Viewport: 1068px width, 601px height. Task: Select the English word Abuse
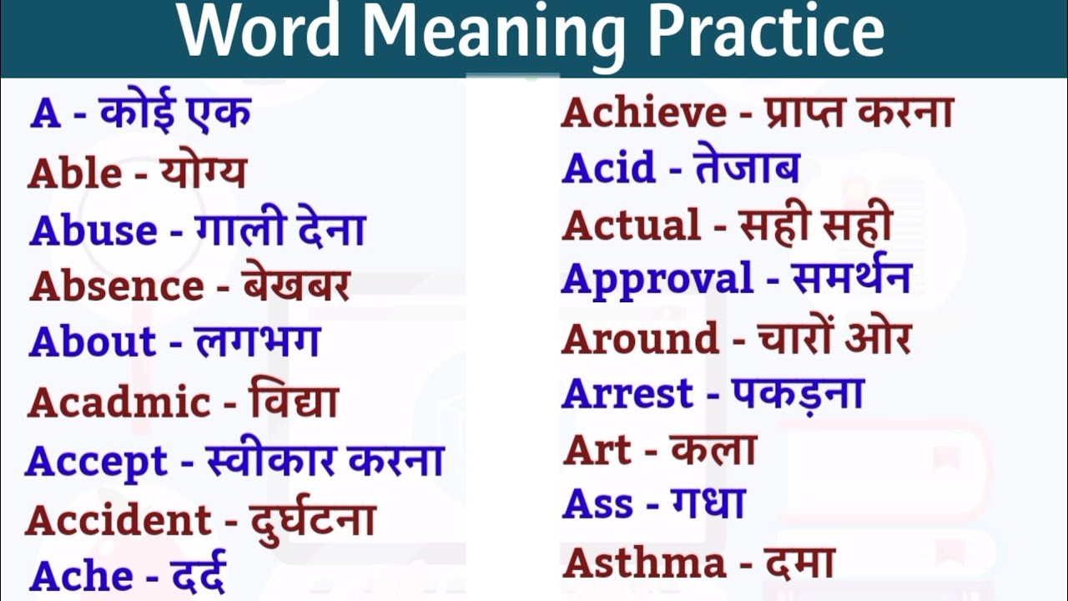click(93, 231)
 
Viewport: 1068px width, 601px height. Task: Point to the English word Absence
click(117, 286)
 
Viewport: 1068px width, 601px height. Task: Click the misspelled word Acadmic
click(118, 403)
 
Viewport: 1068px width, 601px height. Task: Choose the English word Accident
click(118, 521)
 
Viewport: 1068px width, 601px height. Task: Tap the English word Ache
click(81, 576)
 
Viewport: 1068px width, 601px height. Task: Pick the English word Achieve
click(643, 113)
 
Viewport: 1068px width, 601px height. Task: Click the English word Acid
click(608, 168)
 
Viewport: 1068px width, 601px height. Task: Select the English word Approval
click(657, 280)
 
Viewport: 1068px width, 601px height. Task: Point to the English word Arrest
click(627, 393)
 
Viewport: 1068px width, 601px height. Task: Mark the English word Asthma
click(644, 563)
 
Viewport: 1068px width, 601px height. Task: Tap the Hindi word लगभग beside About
click(257, 341)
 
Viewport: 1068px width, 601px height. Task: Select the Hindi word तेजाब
click(746, 167)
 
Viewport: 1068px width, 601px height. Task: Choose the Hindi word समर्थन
click(850, 278)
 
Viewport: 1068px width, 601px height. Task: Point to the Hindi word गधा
click(708, 503)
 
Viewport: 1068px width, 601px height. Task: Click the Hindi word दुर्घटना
click(312, 520)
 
